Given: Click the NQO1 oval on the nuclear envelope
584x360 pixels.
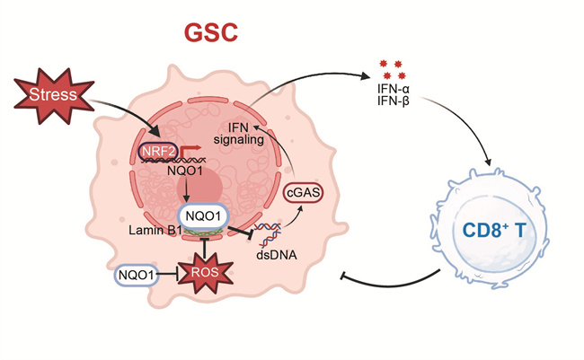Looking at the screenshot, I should tap(206, 216).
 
